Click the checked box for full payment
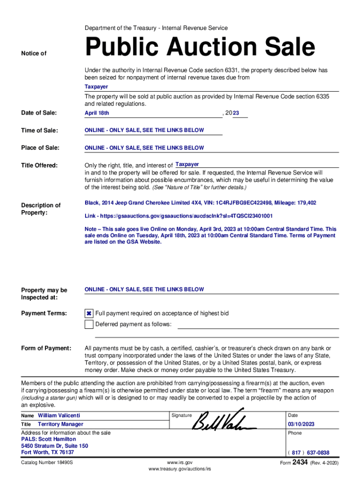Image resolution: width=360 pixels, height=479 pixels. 89,313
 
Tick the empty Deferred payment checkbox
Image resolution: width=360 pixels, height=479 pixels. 89,325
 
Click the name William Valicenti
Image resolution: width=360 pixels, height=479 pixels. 59,415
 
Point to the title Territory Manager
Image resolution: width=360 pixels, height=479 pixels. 60,424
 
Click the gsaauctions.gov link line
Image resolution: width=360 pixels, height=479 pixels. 178,216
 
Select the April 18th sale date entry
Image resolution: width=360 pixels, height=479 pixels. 97,113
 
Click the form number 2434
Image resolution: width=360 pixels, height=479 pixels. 300,462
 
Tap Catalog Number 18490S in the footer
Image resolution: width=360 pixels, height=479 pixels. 47,463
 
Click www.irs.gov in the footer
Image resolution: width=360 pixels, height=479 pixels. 180,462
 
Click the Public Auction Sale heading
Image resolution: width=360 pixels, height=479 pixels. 200,48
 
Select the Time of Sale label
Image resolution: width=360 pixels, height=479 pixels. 40,131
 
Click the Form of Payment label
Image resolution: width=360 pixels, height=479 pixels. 46,348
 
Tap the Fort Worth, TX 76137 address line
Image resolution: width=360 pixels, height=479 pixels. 48,452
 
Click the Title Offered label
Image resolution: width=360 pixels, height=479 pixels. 39,165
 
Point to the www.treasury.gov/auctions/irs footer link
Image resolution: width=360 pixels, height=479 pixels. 180,469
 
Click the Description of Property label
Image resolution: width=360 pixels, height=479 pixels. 41,209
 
